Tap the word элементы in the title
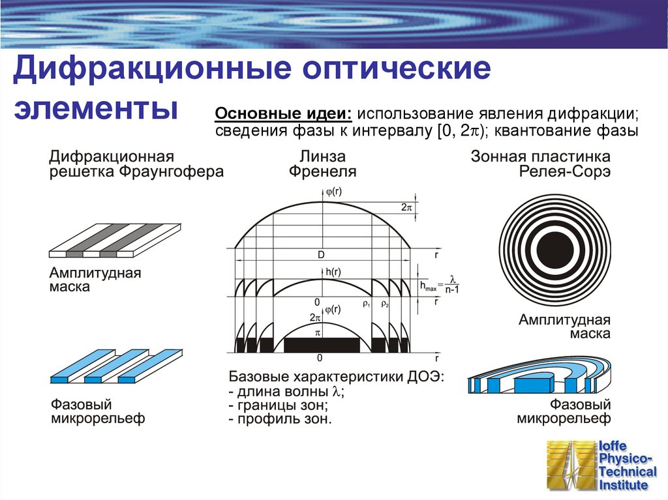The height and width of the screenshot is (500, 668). [97, 108]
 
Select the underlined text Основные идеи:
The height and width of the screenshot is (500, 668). [283, 112]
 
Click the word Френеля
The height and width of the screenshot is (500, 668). [322, 172]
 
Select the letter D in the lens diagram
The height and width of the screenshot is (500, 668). [321, 256]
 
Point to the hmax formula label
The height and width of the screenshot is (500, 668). [440, 285]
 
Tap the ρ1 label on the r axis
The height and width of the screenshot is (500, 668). [366, 304]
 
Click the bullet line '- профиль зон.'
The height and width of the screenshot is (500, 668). [281, 419]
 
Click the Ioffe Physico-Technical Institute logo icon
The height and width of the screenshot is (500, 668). [568, 465]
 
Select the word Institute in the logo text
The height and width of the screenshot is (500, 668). [624, 485]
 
